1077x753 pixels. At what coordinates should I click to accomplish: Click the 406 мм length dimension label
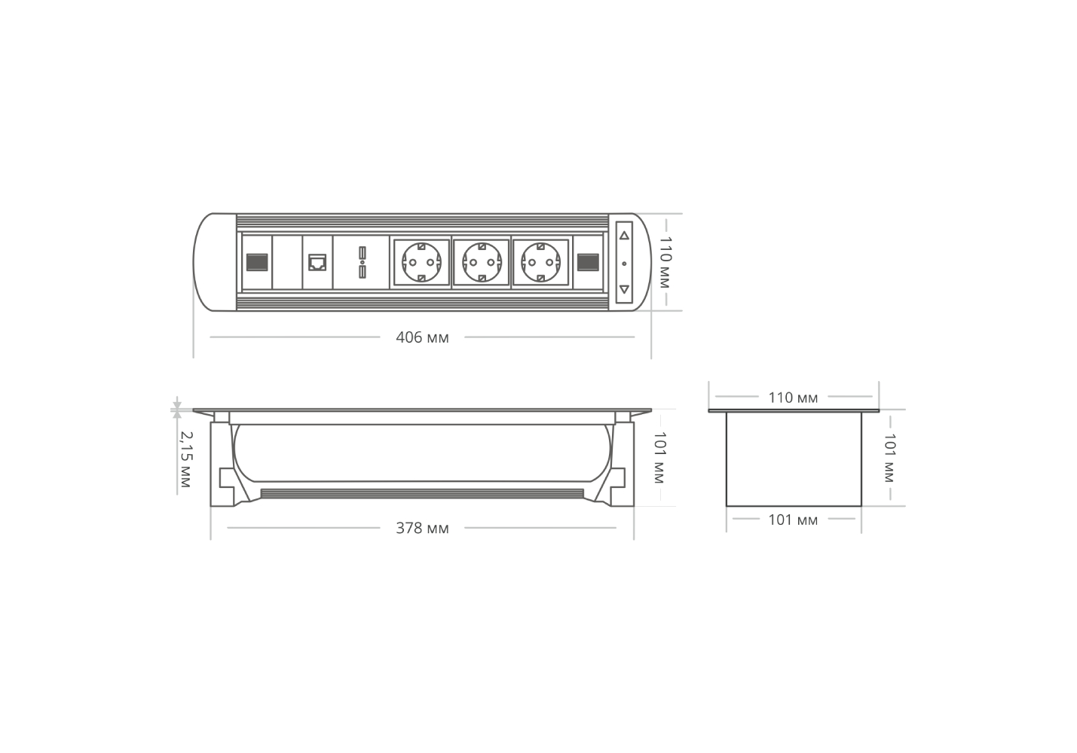point(422,337)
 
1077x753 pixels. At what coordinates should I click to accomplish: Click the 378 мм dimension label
point(422,529)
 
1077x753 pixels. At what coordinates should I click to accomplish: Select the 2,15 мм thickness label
point(185,459)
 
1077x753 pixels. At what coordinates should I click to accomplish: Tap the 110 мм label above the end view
point(793,398)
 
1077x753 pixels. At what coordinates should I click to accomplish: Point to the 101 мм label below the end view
point(793,520)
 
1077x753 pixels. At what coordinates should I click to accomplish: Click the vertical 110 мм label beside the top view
point(665,262)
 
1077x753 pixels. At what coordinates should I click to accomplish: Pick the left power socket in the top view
point(421,262)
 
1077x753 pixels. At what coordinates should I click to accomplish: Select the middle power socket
point(482,262)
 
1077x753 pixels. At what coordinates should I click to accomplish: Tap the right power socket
point(541,262)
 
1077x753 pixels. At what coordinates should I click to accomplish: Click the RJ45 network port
point(317,263)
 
